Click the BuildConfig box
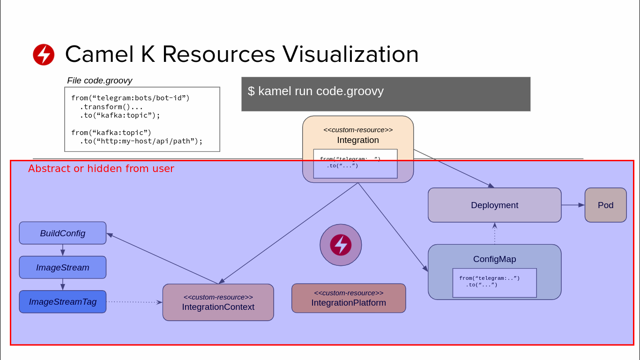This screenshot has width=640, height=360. (x=62, y=233)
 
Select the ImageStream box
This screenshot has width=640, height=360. (x=62, y=267)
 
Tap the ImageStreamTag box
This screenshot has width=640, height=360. (x=62, y=301)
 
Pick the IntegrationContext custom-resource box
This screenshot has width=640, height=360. (x=218, y=302)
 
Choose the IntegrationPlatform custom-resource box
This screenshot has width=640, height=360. (x=349, y=298)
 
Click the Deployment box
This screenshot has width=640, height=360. (x=494, y=205)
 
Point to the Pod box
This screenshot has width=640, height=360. (x=605, y=205)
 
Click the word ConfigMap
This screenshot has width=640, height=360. (x=494, y=259)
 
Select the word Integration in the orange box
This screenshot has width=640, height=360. (x=358, y=140)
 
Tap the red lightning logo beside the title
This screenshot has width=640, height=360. (x=44, y=54)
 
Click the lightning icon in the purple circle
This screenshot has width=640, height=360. (x=341, y=245)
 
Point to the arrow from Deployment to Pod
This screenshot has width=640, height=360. (x=573, y=205)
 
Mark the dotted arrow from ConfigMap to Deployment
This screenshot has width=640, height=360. (x=495, y=233)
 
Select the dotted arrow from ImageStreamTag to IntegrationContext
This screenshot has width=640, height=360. (x=134, y=302)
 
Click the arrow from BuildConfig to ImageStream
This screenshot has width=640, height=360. (x=63, y=250)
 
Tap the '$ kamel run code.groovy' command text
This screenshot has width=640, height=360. (x=316, y=91)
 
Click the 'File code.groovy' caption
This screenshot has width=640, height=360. (x=99, y=81)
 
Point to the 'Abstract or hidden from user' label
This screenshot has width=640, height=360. (x=101, y=168)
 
